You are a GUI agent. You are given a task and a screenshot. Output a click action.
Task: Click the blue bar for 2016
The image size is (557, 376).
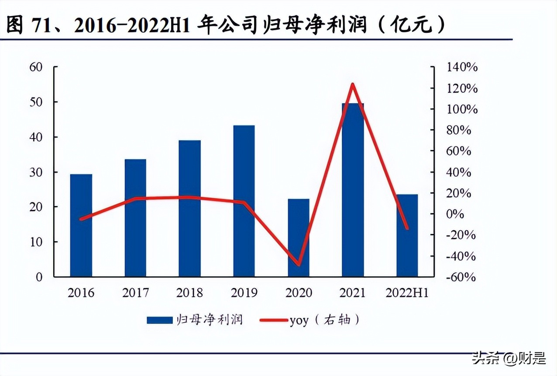tap(81, 225)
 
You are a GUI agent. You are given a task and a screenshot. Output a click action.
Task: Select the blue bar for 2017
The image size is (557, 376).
tap(135, 218)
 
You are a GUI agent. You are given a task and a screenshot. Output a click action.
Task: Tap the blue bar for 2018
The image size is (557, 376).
tap(189, 209)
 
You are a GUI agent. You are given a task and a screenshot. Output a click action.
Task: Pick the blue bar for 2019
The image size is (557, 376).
tap(244, 201)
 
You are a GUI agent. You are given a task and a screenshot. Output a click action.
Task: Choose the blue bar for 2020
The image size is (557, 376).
tap(299, 238)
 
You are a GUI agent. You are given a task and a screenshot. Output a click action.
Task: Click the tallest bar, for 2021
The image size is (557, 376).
tap(353, 190)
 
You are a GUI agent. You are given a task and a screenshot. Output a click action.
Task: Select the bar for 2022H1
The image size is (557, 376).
tap(407, 235)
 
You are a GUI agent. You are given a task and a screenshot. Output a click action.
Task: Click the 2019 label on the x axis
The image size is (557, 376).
tap(244, 292)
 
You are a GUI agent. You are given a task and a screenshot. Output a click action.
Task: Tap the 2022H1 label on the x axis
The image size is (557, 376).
tap(407, 292)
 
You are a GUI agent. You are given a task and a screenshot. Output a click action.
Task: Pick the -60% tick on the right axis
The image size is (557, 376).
tap(460, 277)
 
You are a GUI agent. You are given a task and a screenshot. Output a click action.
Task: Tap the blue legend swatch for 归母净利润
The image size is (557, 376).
tap(159, 320)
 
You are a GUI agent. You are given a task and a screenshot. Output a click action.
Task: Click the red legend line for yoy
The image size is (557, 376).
tap(274, 320)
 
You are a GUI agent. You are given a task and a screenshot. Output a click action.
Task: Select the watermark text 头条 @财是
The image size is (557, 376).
tap(509, 359)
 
